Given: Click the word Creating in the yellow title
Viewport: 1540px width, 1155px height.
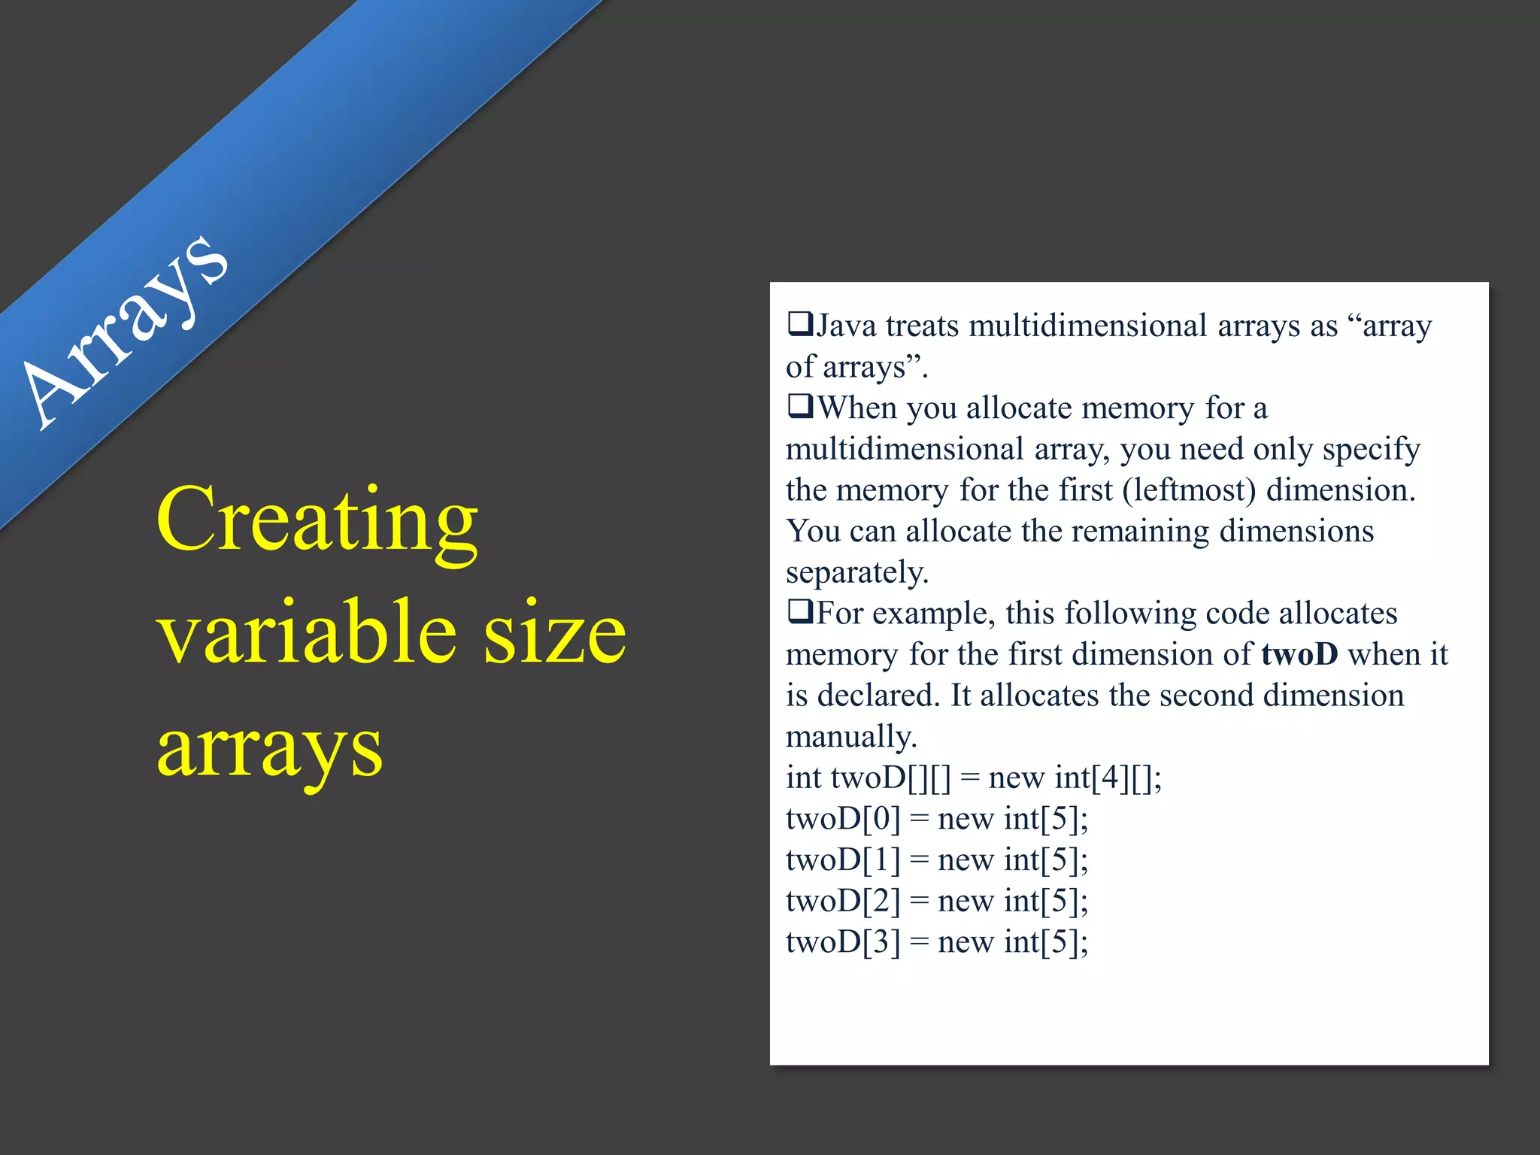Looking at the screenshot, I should click(317, 520).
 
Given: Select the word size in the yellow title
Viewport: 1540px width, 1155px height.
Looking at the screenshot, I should click(554, 633).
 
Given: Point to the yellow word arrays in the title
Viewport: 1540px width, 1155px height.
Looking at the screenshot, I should click(269, 749).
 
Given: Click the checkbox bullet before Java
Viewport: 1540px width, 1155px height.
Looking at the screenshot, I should click(800, 325).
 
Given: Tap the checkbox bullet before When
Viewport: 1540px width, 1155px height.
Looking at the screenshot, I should click(800, 407).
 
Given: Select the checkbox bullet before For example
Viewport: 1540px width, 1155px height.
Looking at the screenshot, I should click(800, 612).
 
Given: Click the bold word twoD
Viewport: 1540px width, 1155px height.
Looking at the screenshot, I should click(1299, 654).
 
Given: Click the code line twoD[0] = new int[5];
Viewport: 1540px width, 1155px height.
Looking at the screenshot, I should click(936, 819).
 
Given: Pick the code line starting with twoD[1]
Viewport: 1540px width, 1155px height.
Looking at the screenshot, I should click(936, 860).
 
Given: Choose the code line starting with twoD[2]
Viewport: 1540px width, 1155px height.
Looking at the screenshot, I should click(936, 901).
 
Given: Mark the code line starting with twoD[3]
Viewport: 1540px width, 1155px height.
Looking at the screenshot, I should click(936, 942).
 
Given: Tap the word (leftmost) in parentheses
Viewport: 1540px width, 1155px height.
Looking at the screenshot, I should click(1189, 490).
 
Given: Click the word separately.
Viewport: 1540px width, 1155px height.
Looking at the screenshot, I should click(857, 573).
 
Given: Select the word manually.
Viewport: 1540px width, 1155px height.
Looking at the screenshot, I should click(851, 737).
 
